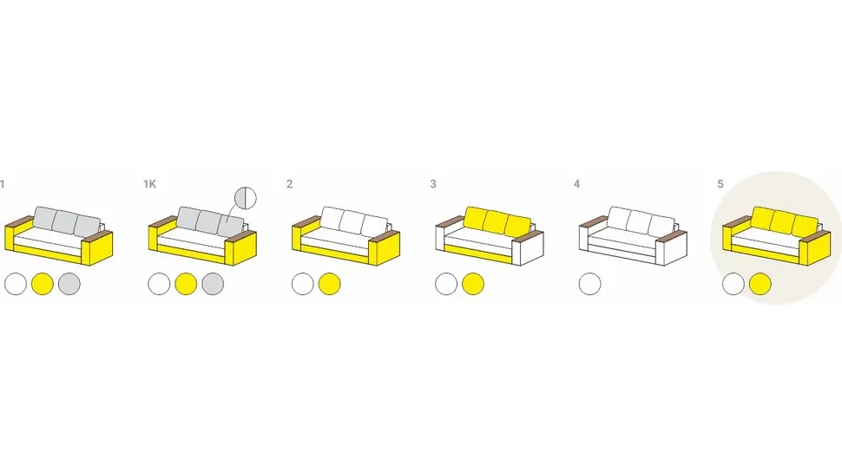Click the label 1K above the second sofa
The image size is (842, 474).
pyautogui.click(x=149, y=184)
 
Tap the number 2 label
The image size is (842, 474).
pyautogui.click(x=289, y=184)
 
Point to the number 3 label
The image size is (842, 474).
pyautogui.click(x=433, y=184)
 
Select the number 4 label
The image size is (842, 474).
pyautogui.click(x=576, y=184)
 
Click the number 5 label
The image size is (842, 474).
pyautogui.click(x=720, y=184)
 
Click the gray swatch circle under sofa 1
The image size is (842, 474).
pyautogui.click(x=69, y=284)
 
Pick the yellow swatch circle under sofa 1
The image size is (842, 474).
pyautogui.click(x=43, y=284)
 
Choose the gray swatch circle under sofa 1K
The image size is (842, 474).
pyautogui.click(x=213, y=284)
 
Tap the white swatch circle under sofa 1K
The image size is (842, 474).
pyautogui.click(x=159, y=284)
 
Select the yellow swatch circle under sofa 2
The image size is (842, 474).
pyautogui.click(x=329, y=284)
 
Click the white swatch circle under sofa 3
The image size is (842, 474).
pyautogui.click(x=446, y=284)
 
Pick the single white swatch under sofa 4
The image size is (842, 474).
pyautogui.click(x=589, y=284)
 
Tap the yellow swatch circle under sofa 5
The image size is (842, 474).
pyautogui.click(x=760, y=284)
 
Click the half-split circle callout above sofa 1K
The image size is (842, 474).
pyautogui.click(x=246, y=198)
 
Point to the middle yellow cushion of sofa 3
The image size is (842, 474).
pyautogui.click(x=497, y=221)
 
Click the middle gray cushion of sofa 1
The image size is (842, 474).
pyautogui.click(x=65, y=221)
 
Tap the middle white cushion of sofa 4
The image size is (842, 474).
pyautogui.click(x=640, y=221)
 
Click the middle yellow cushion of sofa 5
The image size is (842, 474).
pyautogui.click(x=784, y=221)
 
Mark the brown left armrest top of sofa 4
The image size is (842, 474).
pyautogui.click(x=594, y=221)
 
